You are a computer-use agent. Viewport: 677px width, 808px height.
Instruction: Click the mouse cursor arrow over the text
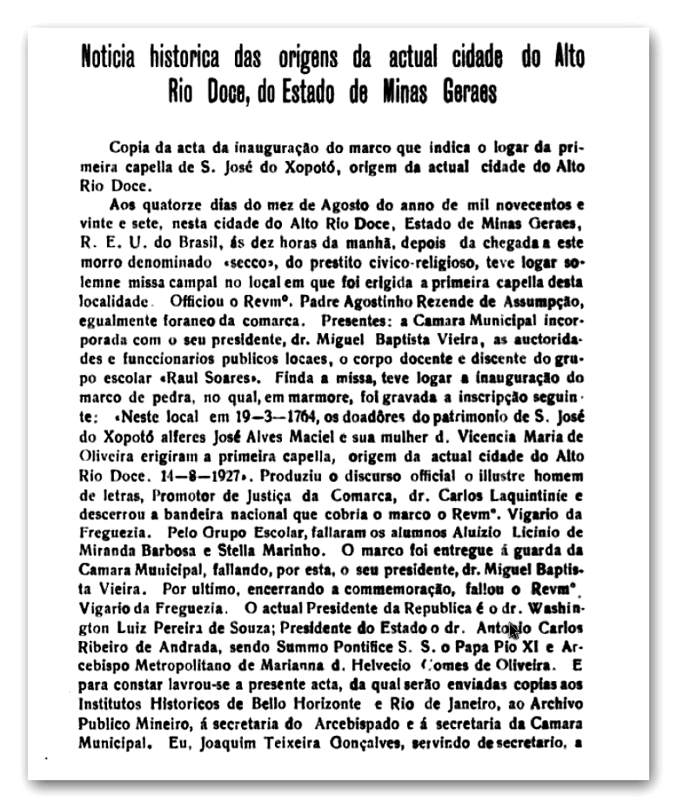pos(513,631)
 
